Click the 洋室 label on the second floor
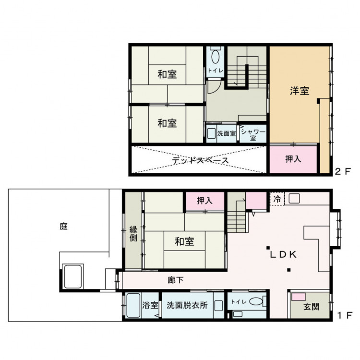click(x=300, y=91)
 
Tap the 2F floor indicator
click(x=343, y=171)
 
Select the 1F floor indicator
click(x=344, y=316)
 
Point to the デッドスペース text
click(x=201, y=160)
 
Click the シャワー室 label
click(x=253, y=135)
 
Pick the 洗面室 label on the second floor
click(x=227, y=133)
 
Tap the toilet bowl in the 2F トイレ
click(x=215, y=57)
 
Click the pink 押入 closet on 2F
click(x=293, y=159)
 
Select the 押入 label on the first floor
click(x=204, y=201)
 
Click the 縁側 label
click(x=133, y=233)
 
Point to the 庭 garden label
click(x=63, y=227)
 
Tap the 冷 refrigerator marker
click(x=277, y=199)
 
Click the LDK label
click(x=284, y=254)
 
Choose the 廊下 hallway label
click(x=175, y=280)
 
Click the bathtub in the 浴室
click(x=133, y=305)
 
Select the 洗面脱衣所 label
click(x=187, y=305)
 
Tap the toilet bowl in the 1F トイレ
click(x=256, y=301)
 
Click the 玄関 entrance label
click(x=312, y=307)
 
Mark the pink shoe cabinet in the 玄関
click(x=299, y=297)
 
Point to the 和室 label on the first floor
click(x=184, y=241)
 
